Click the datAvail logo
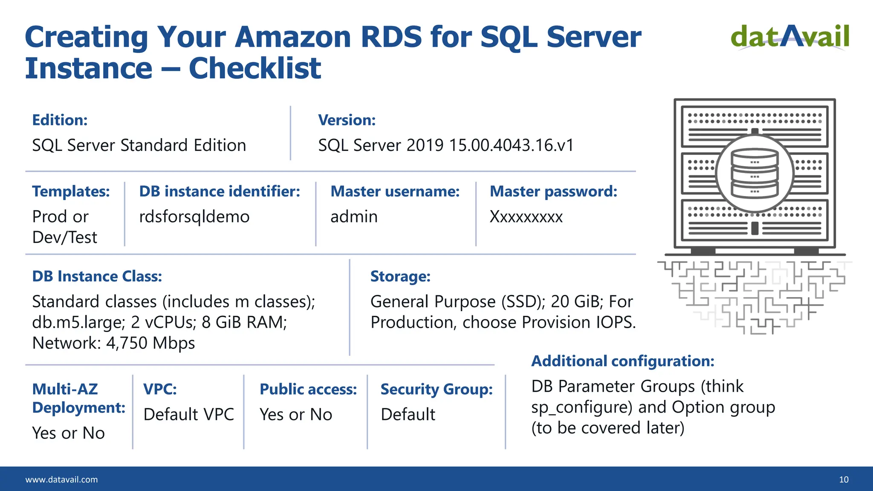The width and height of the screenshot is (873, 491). [x=790, y=37]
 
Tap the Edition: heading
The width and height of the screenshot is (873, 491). [x=60, y=120]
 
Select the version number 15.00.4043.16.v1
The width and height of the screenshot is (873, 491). [x=511, y=145]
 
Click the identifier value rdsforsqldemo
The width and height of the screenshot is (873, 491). [x=194, y=217]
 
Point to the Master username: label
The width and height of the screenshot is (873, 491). [x=395, y=192]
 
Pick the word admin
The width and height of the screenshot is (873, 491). [x=354, y=217]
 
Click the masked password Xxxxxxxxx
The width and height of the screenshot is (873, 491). [x=526, y=217]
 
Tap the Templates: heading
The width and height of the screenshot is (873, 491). [x=71, y=192]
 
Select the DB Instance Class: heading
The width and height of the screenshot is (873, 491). [x=97, y=277]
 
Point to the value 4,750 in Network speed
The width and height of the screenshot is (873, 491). [x=127, y=344]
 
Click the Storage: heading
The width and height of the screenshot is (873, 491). [x=400, y=277]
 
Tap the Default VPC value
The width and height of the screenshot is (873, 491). [x=188, y=415]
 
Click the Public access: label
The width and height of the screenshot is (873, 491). [x=308, y=390]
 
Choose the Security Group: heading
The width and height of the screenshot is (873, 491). [x=436, y=390]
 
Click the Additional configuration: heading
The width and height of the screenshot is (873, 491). [x=622, y=361]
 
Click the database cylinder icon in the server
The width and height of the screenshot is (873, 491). [x=754, y=174]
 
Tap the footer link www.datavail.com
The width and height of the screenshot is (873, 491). [x=61, y=479]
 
